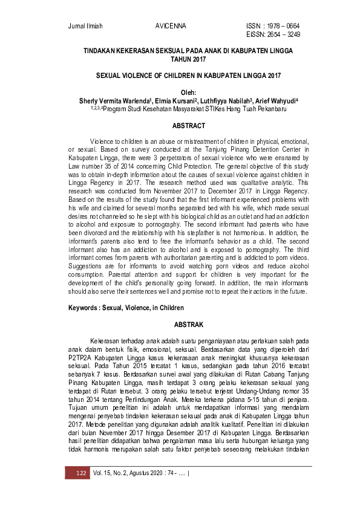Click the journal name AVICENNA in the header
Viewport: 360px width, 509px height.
(x=171, y=26)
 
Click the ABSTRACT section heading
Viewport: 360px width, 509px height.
(x=189, y=126)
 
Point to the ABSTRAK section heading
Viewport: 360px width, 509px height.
(x=189, y=324)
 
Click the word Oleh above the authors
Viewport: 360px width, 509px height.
(x=189, y=92)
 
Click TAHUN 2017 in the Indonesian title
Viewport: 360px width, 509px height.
(x=189, y=60)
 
